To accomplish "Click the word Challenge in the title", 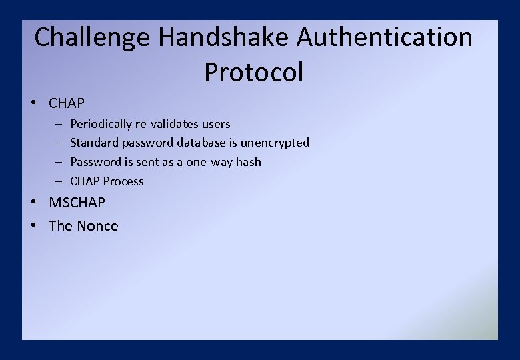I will pos(92,37).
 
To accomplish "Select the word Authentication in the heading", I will pos(385,37).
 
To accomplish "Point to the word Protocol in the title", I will pos(254,72).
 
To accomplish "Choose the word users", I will pos(216,124).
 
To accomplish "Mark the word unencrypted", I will pos(275,143).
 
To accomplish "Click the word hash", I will pos(249,162).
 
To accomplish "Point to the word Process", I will pos(123,181).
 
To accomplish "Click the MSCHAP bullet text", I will pos(77,203).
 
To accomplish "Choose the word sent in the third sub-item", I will pos(149,162).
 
